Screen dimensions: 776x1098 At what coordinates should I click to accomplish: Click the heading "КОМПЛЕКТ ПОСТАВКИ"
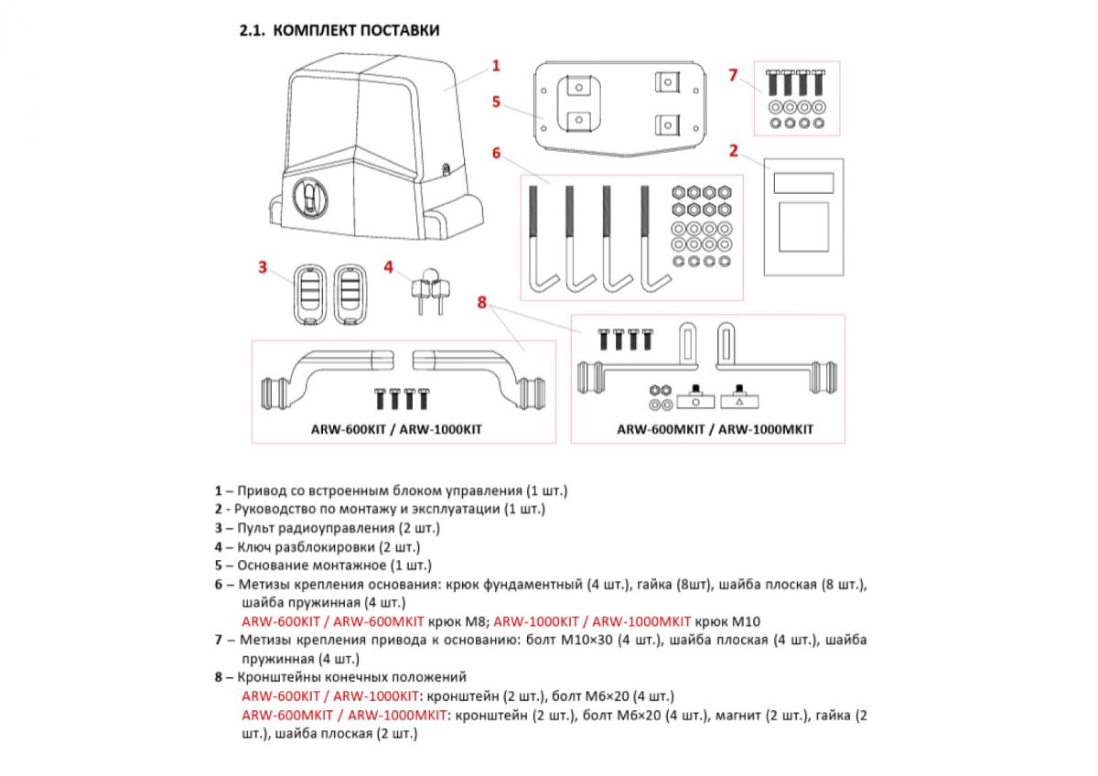[x=356, y=30]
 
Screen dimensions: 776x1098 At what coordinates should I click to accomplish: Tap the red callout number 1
[x=496, y=65]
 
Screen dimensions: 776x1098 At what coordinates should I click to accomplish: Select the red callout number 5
[x=496, y=101]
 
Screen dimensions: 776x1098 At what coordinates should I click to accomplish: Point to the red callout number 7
[x=733, y=75]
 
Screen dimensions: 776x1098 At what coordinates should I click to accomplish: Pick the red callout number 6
[x=496, y=153]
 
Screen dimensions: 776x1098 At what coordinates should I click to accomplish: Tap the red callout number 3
[x=263, y=267]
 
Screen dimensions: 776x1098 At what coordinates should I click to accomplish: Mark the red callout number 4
[x=389, y=267]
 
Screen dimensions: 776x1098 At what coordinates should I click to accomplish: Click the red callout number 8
[x=482, y=301]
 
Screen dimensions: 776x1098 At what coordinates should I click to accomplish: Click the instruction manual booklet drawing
[x=802, y=216]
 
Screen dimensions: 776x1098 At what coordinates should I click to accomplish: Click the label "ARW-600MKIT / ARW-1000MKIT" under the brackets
[x=715, y=428]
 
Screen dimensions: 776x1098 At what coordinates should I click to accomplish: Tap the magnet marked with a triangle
[x=737, y=400]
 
